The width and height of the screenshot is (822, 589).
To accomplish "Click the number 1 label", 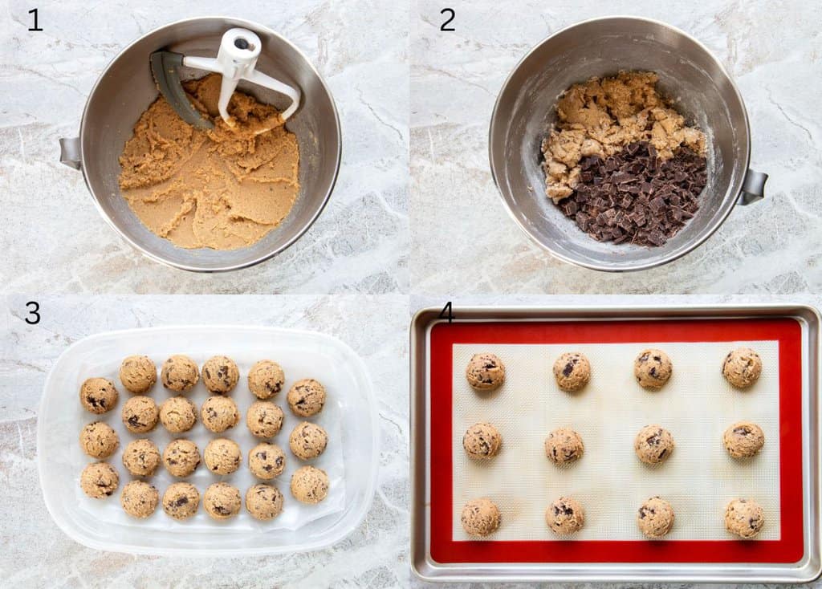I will (x=35, y=19).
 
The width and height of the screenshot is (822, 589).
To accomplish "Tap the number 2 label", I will (x=447, y=19).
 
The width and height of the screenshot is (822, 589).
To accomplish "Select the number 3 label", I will (x=32, y=313).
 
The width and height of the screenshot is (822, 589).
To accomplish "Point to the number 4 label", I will (x=446, y=313).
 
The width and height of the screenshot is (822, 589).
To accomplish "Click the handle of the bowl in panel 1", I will (x=70, y=152).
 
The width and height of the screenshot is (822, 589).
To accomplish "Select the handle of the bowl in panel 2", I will (x=754, y=186).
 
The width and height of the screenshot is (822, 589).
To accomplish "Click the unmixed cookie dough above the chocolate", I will (x=610, y=120).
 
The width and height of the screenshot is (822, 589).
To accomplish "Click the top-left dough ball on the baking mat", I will (x=486, y=372).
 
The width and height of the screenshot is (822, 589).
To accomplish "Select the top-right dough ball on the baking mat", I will (x=742, y=368).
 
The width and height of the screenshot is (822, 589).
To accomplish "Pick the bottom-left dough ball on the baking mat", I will (x=481, y=517).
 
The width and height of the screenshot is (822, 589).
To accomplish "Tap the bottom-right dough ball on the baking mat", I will (x=744, y=518).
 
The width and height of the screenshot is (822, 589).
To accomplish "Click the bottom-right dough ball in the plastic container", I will (x=310, y=485).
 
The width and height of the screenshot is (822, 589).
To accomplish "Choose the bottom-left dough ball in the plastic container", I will (x=100, y=480).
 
